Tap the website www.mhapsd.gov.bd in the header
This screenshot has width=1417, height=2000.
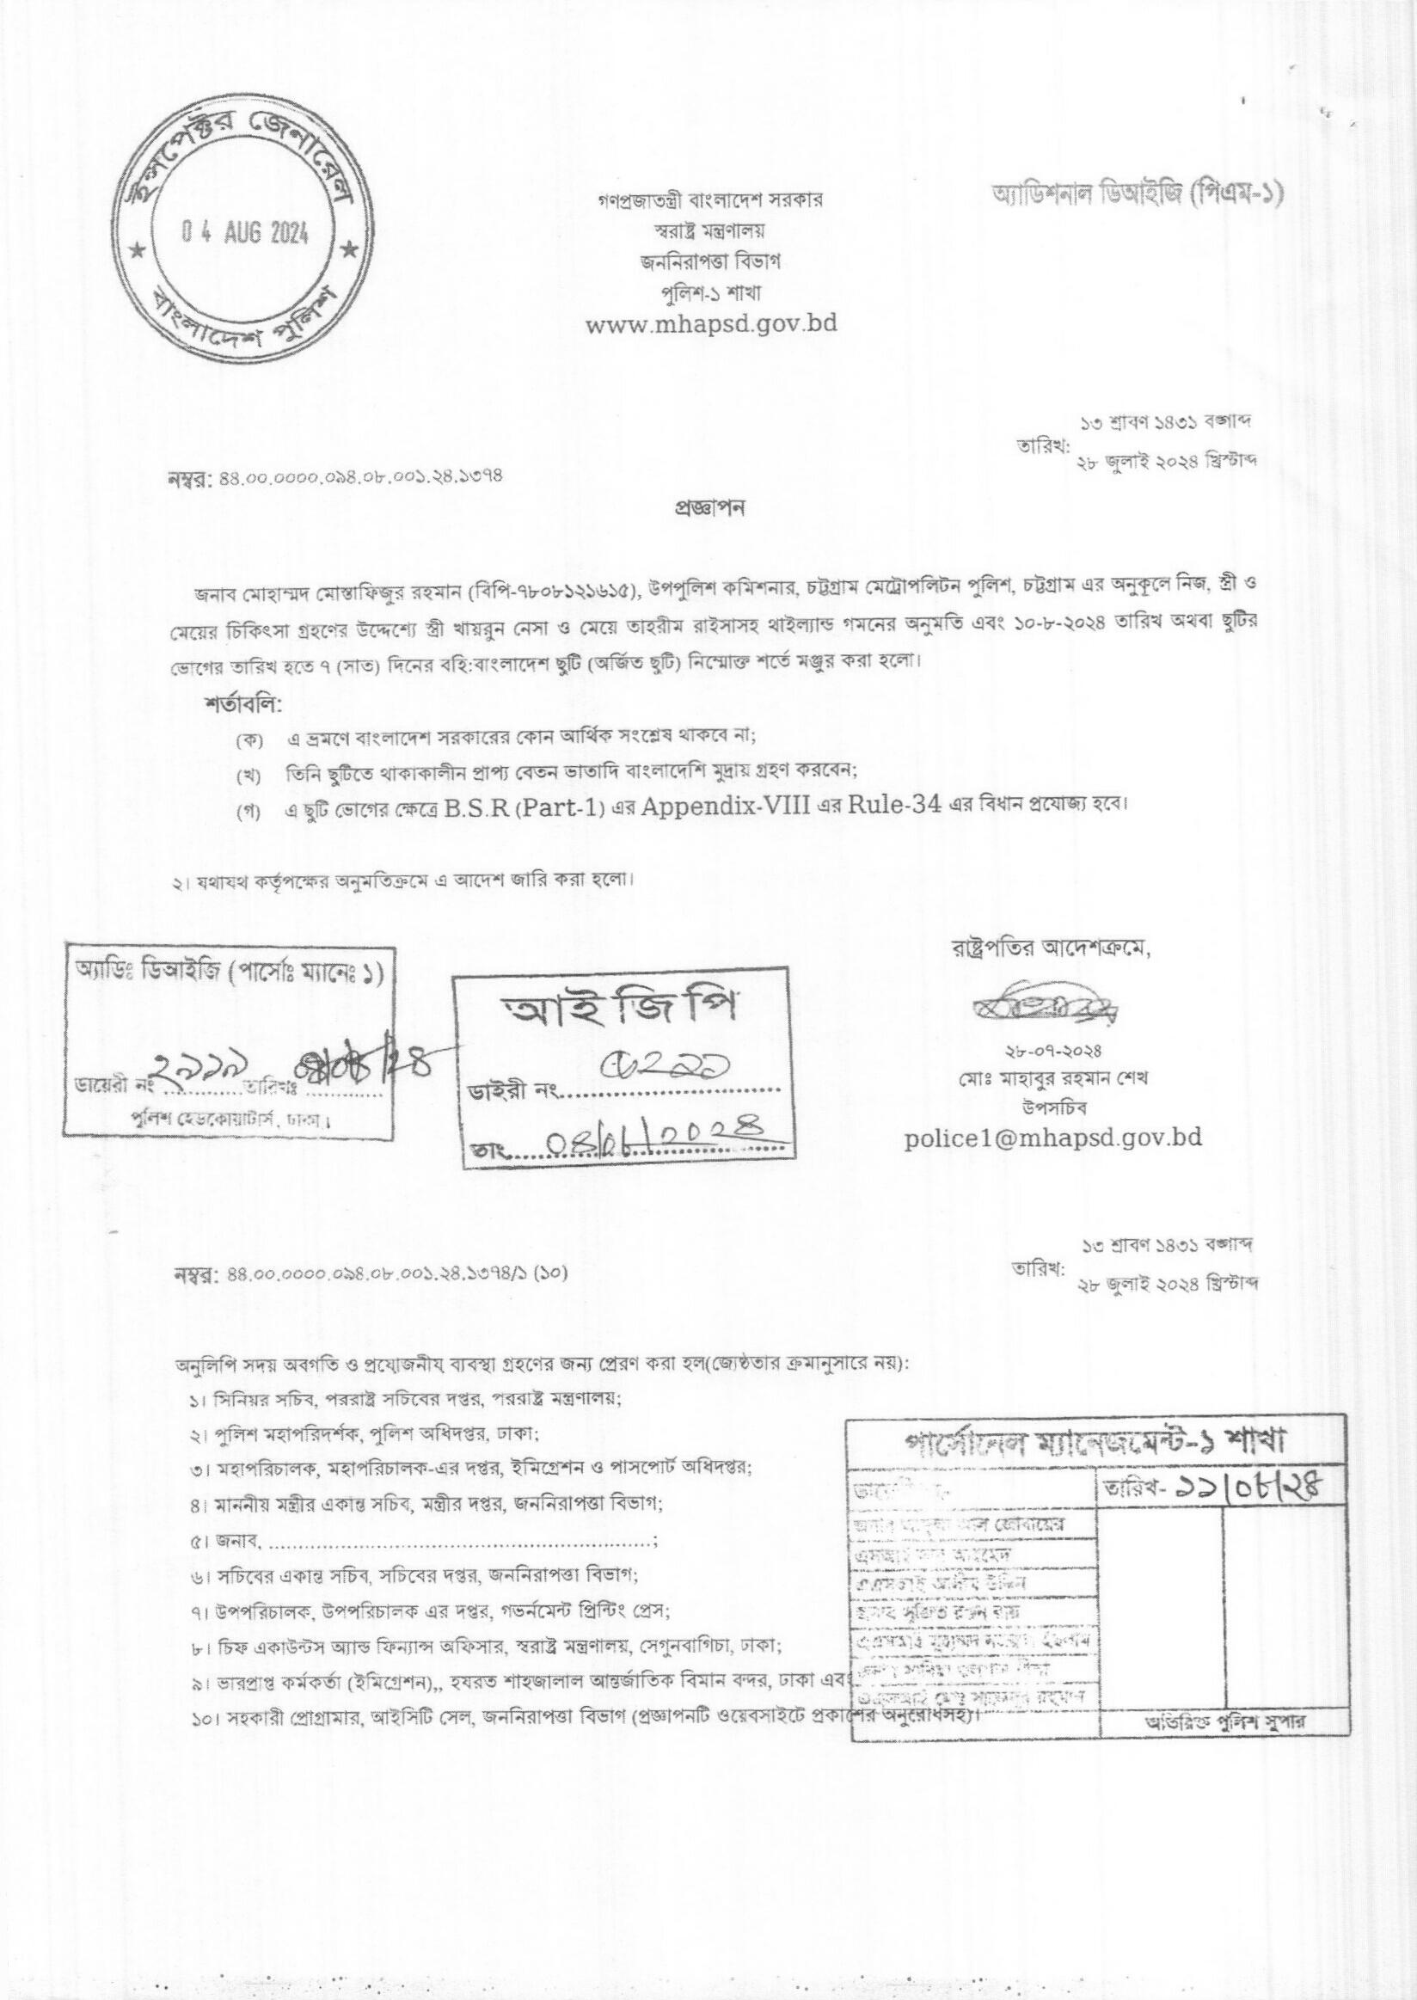[x=710, y=324]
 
